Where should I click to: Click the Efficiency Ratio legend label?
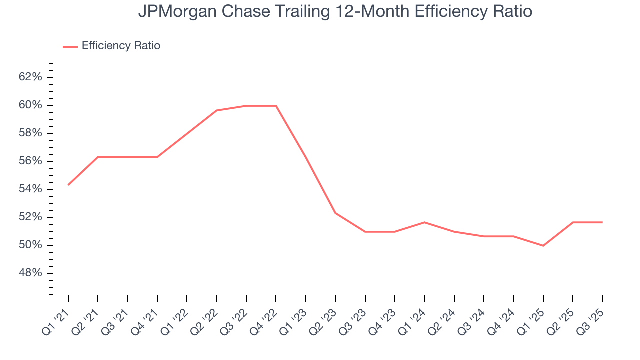[121, 46]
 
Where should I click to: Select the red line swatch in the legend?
[70, 46]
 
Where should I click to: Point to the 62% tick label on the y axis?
[30, 77]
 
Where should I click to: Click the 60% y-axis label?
[30, 105]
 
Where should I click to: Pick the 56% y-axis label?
[30, 161]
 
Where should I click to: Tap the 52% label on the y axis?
[30, 217]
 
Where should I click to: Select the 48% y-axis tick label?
[30, 273]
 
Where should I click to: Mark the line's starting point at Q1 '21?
[68, 185]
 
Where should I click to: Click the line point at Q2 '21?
[98, 157]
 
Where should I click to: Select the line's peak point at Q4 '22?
[276, 106]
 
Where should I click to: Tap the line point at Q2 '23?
[335, 213]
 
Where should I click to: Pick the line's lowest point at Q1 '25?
[543, 246]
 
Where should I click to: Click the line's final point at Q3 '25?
[602, 222]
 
